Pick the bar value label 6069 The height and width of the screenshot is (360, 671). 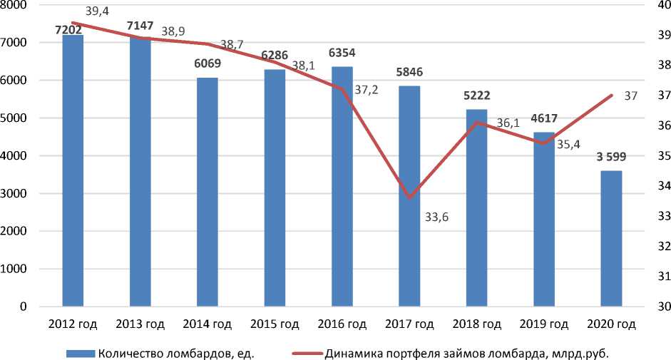[x=207, y=63]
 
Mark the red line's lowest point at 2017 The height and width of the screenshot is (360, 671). [x=409, y=197]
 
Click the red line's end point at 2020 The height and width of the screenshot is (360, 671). [x=611, y=95]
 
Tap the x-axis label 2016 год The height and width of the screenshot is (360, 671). [x=342, y=324]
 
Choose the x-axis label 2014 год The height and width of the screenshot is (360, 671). [x=207, y=324]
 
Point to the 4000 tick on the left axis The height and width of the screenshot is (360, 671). [x=16, y=155]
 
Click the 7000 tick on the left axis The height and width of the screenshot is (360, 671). [x=16, y=43]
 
